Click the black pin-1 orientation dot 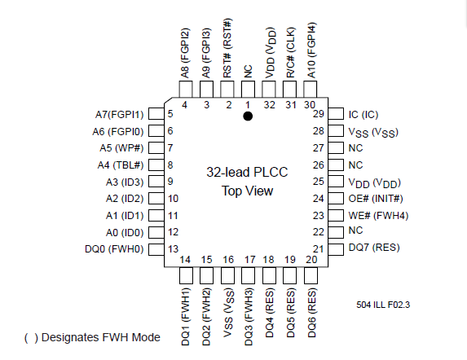[x=248, y=116]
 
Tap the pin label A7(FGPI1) [x=120, y=115]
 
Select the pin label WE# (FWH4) [x=378, y=216]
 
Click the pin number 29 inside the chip [x=319, y=114]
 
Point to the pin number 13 [x=173, y=249]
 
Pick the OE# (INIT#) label [x=376, y=199]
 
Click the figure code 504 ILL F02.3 [x=383, y=305]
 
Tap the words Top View [x=247, y=191]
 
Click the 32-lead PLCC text [x=247, y=172]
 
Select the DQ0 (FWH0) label [x=114, y=249]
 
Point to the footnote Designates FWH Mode [x=101, y=337]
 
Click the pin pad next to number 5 [x=156, y=114]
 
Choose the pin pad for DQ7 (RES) [x=336, y=249]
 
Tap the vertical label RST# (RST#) [x=227, y=48]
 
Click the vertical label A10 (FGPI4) [x=311, y=50]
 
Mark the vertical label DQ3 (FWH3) [x=249, y=317]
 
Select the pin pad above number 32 [x=269, y=90]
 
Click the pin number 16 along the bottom [x=228, y=260]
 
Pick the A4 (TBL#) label [x=121, y=165]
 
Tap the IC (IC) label [x=363, y=115]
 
